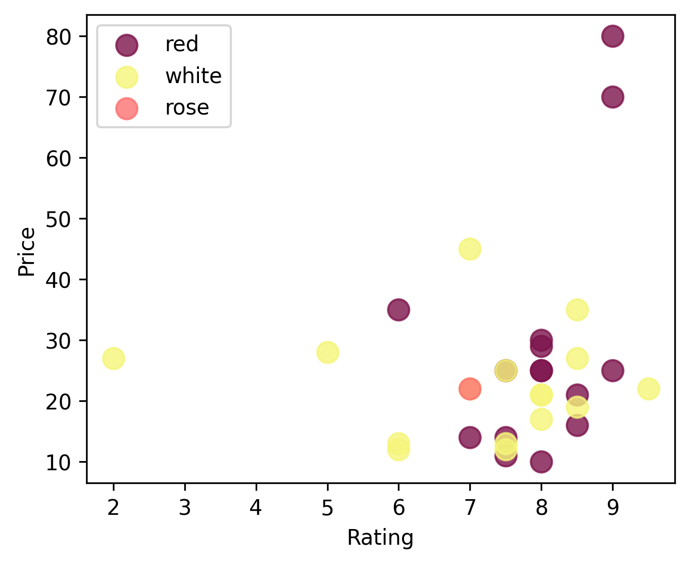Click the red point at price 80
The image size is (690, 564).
coord(613,36)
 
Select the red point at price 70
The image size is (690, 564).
coord(613,97)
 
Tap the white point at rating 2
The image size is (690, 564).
coord(113,358)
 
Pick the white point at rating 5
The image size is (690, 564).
coord(328,352)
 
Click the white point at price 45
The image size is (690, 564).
coord(470,249)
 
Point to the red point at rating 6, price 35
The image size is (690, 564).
coord(398,310)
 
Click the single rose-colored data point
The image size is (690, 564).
coord(470,389)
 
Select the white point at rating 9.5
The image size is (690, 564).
coord(648,389)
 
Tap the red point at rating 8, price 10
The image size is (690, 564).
coord(541,462)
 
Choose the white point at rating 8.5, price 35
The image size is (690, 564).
coord(577,310)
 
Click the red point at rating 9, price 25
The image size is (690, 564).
coord(613,370)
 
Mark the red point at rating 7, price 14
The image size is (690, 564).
coord(470,437)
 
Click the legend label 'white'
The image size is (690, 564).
coord(193,76)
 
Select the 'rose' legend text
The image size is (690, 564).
coord(187,108)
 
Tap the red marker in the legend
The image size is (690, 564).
coord(126,45)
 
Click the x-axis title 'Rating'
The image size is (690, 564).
coord(380,538)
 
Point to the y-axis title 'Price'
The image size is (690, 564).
coord(27,252)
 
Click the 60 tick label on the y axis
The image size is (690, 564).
coord(59,158)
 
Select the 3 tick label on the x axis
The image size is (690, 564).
coord(185,507)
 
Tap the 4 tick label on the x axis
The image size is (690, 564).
coord(256,507)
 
